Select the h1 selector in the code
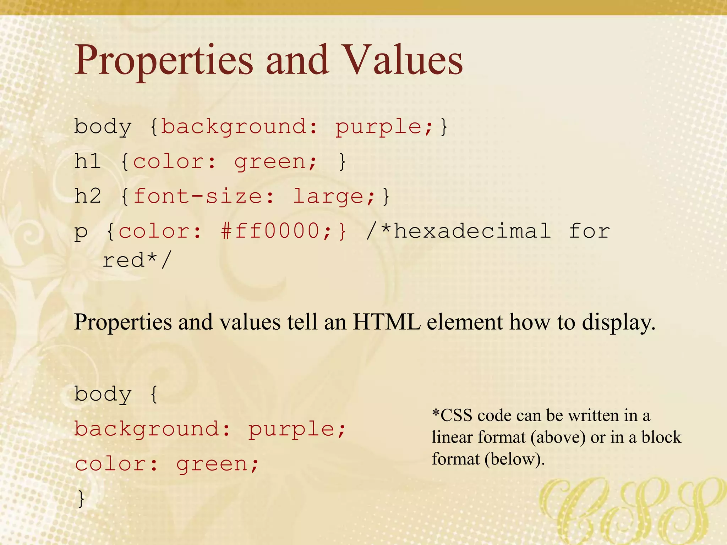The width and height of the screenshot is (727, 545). pos(87,161)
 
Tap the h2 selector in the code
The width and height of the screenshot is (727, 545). pos(87,196)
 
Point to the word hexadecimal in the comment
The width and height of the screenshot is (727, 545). pos(472,231)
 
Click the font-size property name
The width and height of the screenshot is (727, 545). pos(197,196)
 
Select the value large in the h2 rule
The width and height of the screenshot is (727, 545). pos(328,196)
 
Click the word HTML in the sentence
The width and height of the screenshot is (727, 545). pos(386,322)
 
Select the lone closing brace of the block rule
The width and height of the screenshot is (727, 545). pos(81,499)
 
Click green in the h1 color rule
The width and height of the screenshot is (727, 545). pos(270,161)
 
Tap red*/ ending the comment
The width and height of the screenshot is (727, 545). pos(137,260)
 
